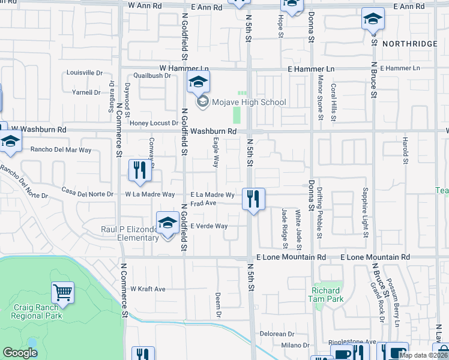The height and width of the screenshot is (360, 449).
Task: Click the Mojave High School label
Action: pos(248,102)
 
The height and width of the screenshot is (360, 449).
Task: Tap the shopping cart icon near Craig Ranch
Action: pos(62,293)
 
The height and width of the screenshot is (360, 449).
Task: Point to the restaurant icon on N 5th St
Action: pos(253,199)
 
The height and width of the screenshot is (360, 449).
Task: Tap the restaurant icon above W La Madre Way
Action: pos(139,170)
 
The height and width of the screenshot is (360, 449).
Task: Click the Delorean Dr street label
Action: pos(276,334)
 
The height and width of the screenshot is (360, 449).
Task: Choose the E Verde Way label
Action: pos(209,226)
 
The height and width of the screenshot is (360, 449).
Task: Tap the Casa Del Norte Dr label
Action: pos(87,193)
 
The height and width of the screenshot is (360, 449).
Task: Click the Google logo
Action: pos(20,353)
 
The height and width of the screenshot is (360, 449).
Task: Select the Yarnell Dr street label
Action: pos(86,92)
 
